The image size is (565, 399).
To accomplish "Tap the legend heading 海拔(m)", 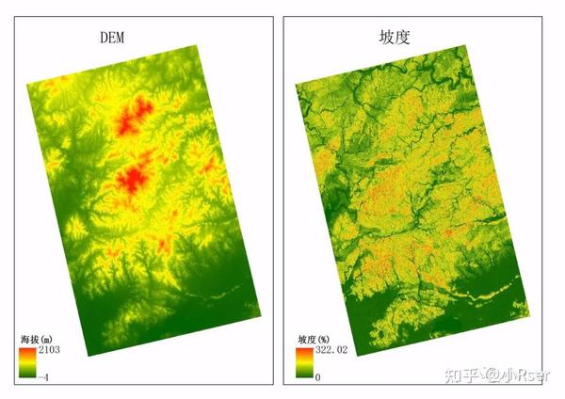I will (x=35, y=338).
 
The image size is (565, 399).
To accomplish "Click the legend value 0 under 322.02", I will (x=319, y=375).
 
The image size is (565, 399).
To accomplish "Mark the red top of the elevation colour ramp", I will (x=24, y=352).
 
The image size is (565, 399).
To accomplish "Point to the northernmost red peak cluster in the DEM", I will (x=135, y=116).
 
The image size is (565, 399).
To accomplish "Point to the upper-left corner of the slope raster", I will (x=296, y=85).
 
